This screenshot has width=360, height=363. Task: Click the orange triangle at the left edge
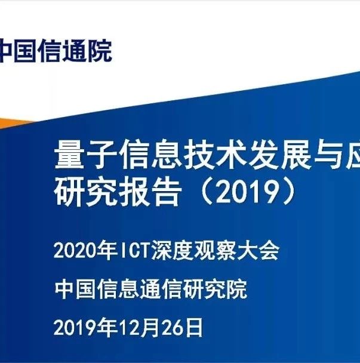(11, 124)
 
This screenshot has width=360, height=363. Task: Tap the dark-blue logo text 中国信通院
(56, 51)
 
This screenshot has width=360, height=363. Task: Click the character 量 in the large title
(69, 154)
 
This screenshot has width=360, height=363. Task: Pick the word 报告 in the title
(150, 192)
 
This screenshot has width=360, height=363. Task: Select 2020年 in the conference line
(85, 251)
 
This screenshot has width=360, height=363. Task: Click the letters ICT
(135, 251)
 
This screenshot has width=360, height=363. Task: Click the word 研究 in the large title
(85, 192)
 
